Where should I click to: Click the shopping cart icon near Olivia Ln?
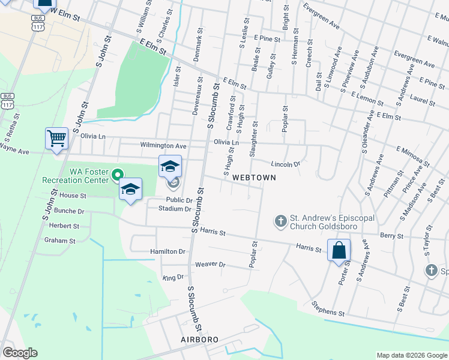tap(56, 139)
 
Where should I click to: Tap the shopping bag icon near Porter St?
tap(339, 250)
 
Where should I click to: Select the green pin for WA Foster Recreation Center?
tap(117, 175)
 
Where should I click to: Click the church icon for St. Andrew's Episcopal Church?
tap(280, 221)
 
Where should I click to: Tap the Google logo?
tap(20, 353)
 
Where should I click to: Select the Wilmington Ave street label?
tap(163, 146)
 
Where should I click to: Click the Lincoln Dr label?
tap(285, 164)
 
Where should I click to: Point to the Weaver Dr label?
tap(210, 265)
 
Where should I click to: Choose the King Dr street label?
tap(172, 278)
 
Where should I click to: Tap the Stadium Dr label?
tap(174, 209)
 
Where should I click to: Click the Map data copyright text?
tap(411, 355)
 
